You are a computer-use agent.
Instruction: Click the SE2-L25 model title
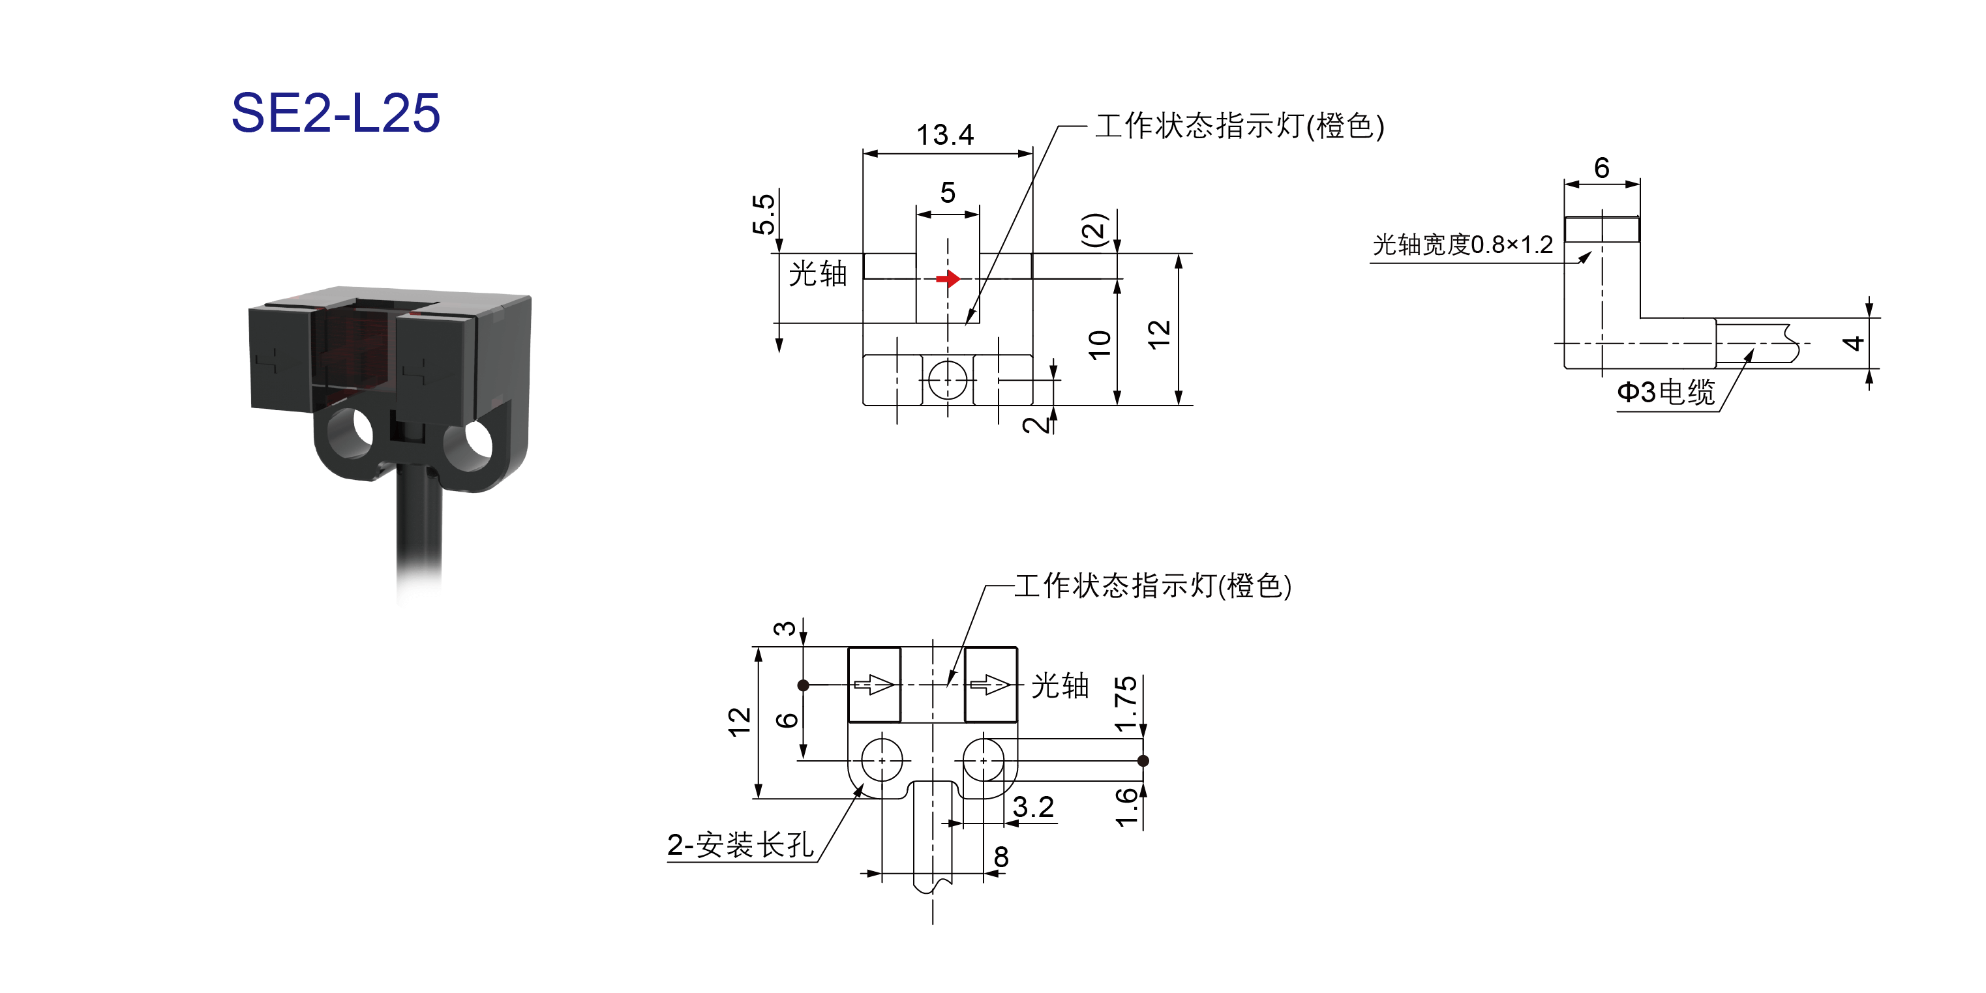(x=335, y=113)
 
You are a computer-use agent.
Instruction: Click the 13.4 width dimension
(x=944, y=135)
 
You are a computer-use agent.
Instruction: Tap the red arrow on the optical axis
(x=948, y=278)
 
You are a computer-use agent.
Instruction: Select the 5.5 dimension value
(x=763, y=215)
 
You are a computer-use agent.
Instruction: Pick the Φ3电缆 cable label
(x=1665, y=392)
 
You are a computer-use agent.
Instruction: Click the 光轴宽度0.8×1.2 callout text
(x=1462, y=245)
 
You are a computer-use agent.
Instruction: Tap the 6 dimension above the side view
(x=1601, y=168)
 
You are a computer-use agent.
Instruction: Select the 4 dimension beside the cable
(x=1854, y=343)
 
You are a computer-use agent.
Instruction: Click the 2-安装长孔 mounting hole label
(x=740, y=845)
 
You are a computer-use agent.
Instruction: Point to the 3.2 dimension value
(x=1033, y=807)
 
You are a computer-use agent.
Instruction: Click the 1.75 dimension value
(x=1126, y=703)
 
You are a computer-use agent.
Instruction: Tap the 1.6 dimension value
(x=1126, y=807)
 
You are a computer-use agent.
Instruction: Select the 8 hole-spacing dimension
(x=1001, y=857)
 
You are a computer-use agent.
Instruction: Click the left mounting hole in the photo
(x=352, y=434)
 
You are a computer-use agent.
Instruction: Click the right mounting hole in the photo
(x=478, y=445)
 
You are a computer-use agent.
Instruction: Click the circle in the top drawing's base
(x=948, y=380)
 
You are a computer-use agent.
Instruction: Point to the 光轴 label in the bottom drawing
(x=1060, y=685)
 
